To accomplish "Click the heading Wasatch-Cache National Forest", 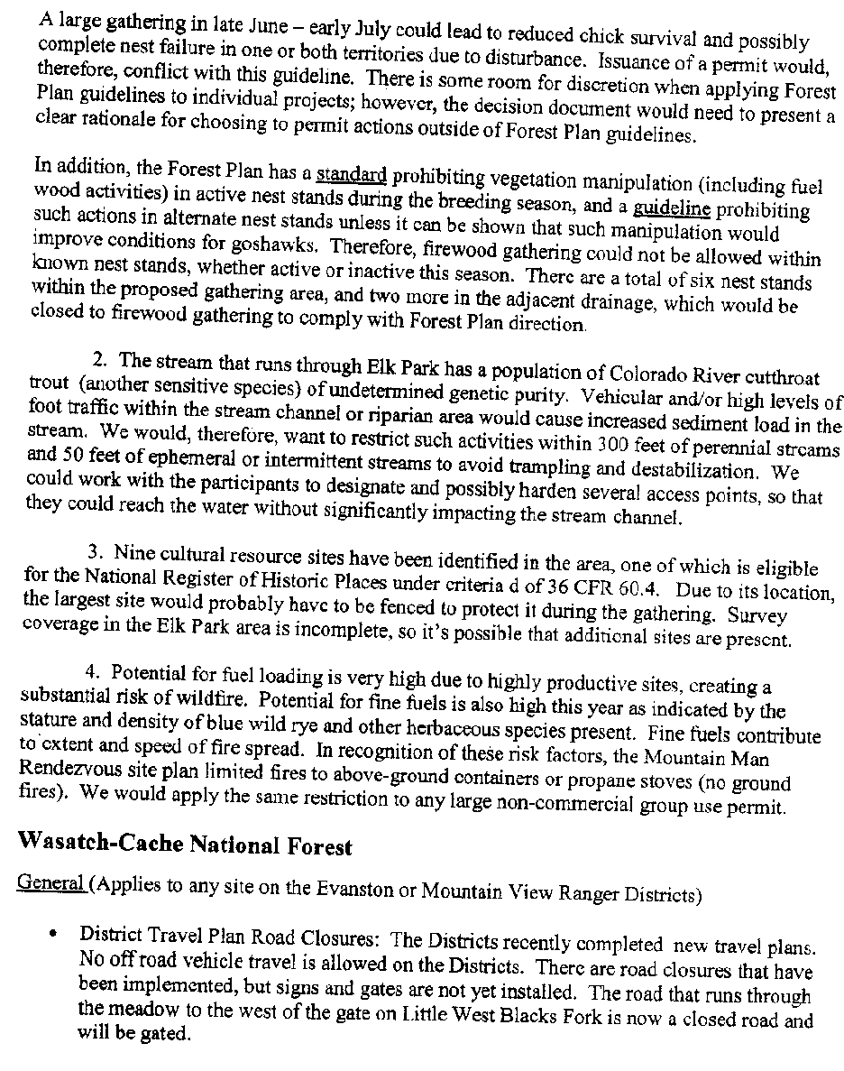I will tap(184, 845).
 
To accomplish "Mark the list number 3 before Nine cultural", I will tap(93, 549).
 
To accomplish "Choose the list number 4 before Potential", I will tap(91, 672).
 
